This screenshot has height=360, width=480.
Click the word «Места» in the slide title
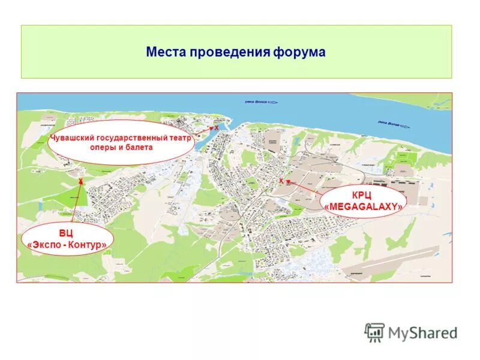[166, 52]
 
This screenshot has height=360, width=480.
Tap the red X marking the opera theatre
[216, 128]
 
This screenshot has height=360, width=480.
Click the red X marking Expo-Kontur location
[80, 181]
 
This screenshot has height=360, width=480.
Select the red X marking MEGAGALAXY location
[281, 180]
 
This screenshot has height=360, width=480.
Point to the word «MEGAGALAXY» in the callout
[363, 207]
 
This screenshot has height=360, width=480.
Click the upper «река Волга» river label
[257, 103]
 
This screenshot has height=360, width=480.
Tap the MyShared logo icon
[374, 332]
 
